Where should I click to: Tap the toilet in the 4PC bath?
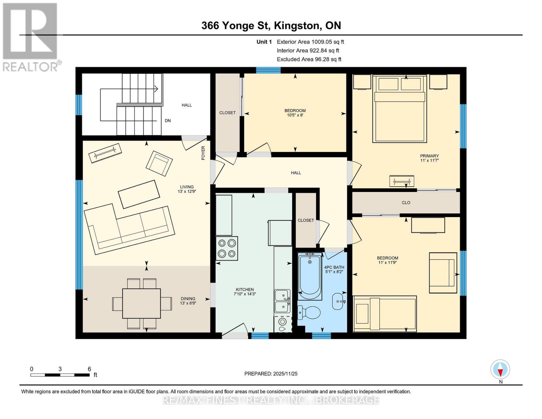pyautogui.click(x=310, y=313)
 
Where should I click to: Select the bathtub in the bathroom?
pyautogui.click(x=310, y=276)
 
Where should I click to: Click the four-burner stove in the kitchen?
pyautogui.click(x=227, y=248)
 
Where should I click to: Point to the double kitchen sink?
pyautogui.click(x=282, y=301)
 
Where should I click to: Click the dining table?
pyautogui.click(x=142, y=303)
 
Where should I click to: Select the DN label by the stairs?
pyautogui.click(x=168, y=121)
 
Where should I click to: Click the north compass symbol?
pyautogui.click(x=500, y=369)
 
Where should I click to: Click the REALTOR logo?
pyautogui.click(x=30, y=37)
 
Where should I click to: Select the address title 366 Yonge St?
pyautogui.click(x=271, y=25)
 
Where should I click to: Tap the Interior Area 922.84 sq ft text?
pyautogui.click(x=308, y=51)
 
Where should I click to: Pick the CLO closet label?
pyautogui.click(x=406, y=203)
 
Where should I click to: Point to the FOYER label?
pyautogui.click(x=203, y=153)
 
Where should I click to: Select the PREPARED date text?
pyautogui.click(x=271, y=374)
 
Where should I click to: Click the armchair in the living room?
pyautogui.click(x=159, y=163)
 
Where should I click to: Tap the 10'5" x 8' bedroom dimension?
pyautogui.click(x=295, y=115)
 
